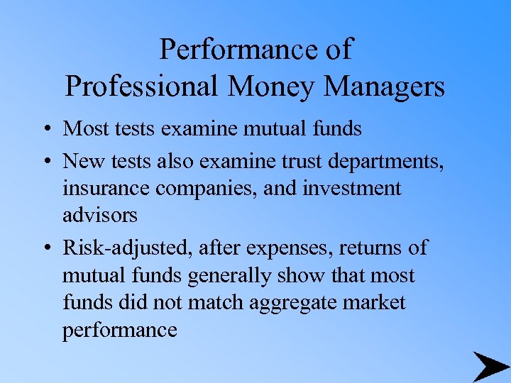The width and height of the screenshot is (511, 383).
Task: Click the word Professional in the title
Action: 141,87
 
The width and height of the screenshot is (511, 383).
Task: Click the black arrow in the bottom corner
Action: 490,367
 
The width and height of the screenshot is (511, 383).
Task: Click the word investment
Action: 352,189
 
